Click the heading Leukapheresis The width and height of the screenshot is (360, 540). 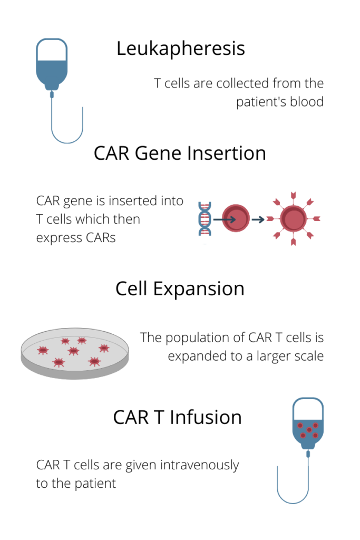click(x=180, y=49)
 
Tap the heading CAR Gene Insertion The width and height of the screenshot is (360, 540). click(x=180, y=153)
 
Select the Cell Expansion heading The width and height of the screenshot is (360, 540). click(x=180, y=289)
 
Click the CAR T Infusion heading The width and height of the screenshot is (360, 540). click(x=177, y=417)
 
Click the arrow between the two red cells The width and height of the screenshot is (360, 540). click(x=258, y=219)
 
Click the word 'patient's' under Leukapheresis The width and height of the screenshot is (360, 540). click(x=261, y=102)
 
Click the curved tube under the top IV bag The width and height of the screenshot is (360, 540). click(x=67, y=127)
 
